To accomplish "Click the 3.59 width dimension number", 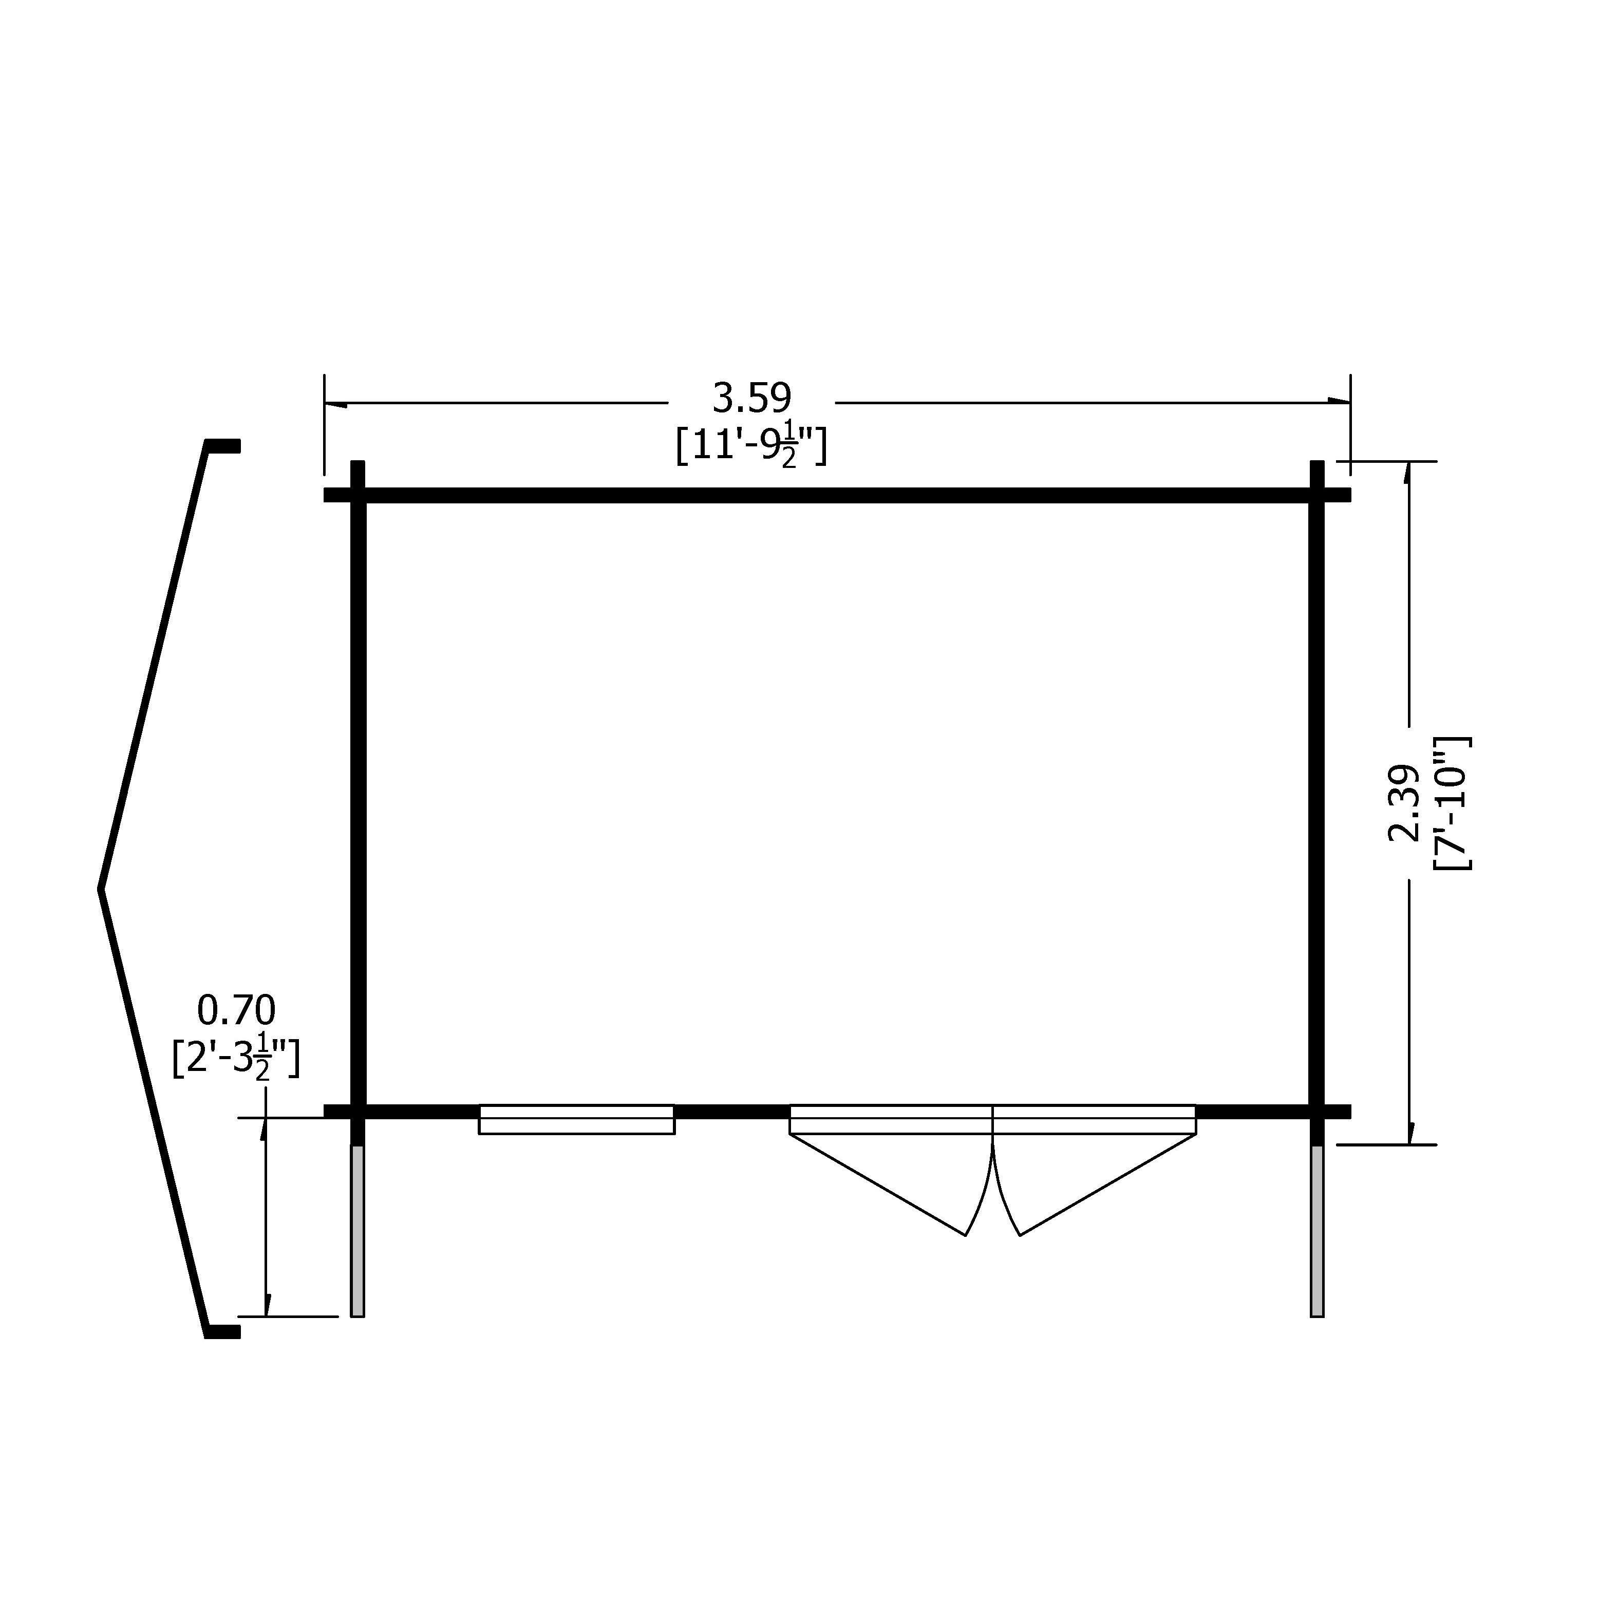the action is pyautogui.click(x=751, y=399).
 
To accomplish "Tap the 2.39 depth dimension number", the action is pyautogui.click(x=1404, y=803).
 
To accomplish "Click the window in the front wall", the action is pyautogui.click(x=577, y=1119).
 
